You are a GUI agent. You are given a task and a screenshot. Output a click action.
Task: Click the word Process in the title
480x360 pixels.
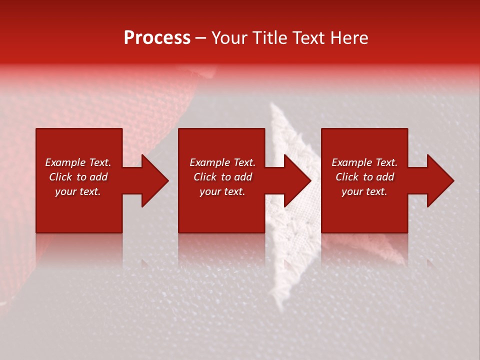click(157, 38)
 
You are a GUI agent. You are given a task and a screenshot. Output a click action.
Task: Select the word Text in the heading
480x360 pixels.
click(308, 38)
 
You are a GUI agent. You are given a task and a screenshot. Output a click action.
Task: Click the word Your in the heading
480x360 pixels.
click(229, 38)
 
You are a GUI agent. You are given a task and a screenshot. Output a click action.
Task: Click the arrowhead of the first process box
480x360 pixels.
click(154, 180)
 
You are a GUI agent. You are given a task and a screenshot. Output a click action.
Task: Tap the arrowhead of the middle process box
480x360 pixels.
click(297, 180)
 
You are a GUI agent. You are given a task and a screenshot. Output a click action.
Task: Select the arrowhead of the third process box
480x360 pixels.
click(440, 180)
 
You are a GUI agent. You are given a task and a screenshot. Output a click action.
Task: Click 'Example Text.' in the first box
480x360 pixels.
click(78, 162)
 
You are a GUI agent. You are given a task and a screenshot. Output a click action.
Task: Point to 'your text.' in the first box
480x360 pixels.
click(78, 191)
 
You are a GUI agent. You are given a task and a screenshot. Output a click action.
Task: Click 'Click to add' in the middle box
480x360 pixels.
click(222, 177)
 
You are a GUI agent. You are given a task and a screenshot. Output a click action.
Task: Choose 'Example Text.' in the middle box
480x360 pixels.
click(222, 162)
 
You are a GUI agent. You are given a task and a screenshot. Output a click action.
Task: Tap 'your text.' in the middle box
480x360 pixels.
click(222, 191)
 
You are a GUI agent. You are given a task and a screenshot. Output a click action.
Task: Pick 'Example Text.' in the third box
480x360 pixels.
click(364, 162)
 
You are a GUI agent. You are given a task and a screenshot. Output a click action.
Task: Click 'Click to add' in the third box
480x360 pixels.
click(364, 177)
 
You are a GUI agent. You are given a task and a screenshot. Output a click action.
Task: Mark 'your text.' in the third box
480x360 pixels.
click(364, 191)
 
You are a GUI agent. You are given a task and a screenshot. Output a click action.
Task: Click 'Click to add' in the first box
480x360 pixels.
click(78, 177)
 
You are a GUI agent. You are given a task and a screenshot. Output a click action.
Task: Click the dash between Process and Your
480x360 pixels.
click(201, 38)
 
